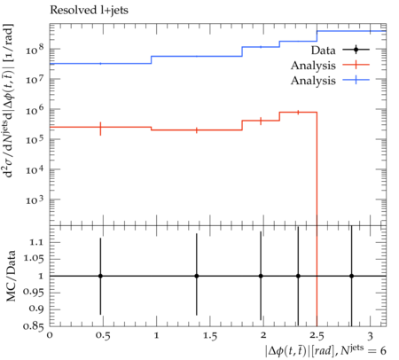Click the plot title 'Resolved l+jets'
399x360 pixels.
(x=89, y=11)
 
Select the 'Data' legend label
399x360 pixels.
(x=324, y=51)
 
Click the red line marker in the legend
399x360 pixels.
(x=356, y=65)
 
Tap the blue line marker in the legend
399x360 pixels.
(x=356, y=80)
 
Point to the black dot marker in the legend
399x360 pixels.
(x=356, y=50)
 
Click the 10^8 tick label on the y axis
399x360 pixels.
(x=35, y=50)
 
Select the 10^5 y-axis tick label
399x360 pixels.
(x=35, y=139)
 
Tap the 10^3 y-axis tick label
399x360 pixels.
(x=35, y=200)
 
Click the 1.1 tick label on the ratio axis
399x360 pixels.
(x=36, y=242)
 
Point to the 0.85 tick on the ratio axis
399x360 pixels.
(x=33, y=326)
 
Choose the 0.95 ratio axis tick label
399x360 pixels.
(x=33, y=293)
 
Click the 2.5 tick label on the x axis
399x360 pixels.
(x=317, y=336)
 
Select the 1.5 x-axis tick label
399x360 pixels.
(x=210, y=336)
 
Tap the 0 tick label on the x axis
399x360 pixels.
(x=50, y=335)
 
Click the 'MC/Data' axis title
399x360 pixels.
(x=11, y=276)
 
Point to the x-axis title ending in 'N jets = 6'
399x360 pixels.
(x=325, y=350)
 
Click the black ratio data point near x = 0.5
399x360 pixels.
(x=100, y=276)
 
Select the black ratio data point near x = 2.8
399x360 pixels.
(x=351, y=276)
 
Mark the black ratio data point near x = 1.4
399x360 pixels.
(x=197, y=276)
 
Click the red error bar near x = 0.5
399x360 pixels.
(x=100, y=129)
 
